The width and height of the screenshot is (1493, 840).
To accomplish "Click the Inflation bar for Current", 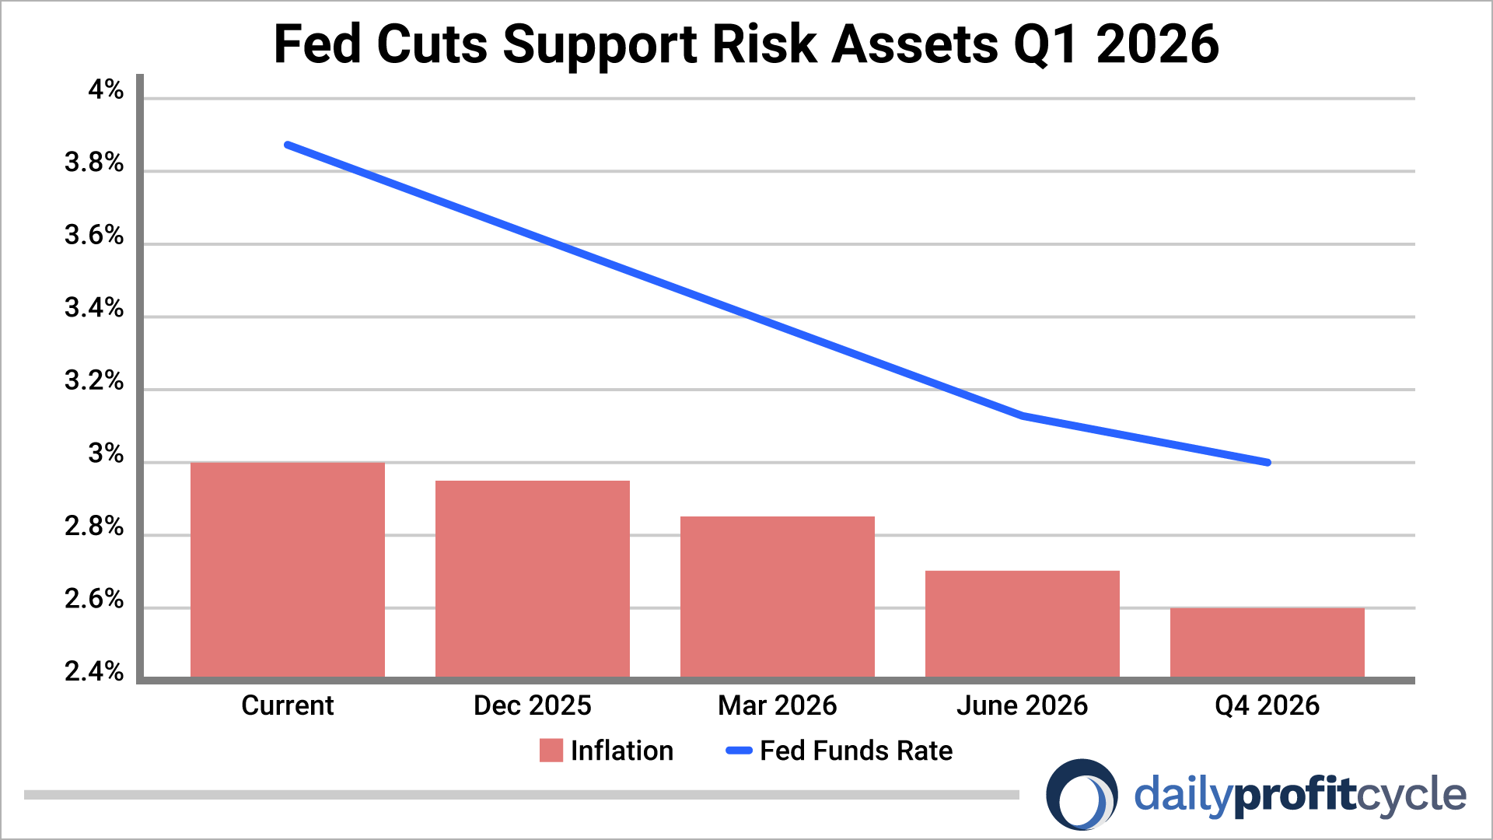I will [287, 569].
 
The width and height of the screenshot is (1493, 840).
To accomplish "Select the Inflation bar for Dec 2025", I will [532, 579].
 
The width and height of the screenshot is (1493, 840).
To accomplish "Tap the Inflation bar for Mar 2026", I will [777, 597].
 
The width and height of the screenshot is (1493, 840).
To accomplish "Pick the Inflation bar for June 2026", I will [1022, 624].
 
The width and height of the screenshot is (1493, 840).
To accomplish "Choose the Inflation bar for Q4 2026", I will [1267, 642].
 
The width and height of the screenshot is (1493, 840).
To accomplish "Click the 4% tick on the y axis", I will [106, 90].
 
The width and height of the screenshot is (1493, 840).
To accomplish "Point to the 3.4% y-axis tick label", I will [94, 309].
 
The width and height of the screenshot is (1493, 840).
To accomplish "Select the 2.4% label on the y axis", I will [94, 672].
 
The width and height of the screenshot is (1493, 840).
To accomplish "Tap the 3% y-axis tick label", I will [106, 454].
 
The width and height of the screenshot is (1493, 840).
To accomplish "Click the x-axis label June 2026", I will [1022, 705].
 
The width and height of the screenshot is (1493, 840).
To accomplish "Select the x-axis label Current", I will [287, 705].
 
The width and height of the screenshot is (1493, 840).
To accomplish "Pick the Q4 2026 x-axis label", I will [1267, 705].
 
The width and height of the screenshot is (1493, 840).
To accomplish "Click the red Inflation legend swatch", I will [551, 751].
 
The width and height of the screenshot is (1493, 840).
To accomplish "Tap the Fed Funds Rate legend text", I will [855, 751].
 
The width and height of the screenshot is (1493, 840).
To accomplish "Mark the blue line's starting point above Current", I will [288, 145].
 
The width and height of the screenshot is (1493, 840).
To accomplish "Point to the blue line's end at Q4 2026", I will [1267, 462].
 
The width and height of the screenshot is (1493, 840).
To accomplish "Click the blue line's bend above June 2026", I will [1022, 415].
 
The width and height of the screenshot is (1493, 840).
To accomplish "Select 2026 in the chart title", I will [1157, 44].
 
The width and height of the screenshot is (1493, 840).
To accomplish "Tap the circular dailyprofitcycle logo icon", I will [1082, 795].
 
